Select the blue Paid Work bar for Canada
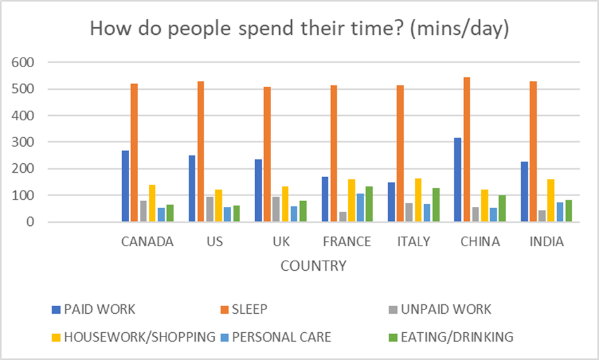[125, 186]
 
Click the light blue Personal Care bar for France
[360, 208]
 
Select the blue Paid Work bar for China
[458, 180]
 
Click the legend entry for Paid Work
[99, 309]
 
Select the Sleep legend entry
[249, 309]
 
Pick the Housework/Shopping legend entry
[138, 337]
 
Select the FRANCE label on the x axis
[346, 242]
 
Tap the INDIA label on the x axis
[546, 242]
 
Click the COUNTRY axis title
[313, 266]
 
